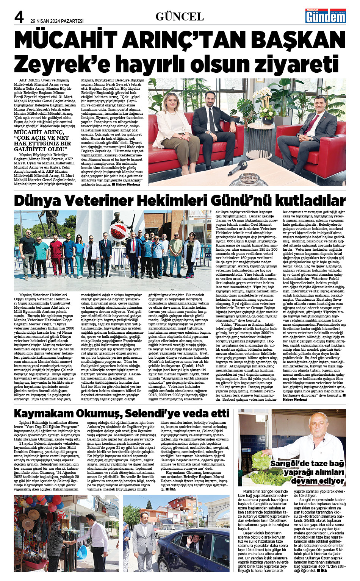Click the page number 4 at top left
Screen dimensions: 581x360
click(x=19, y=17)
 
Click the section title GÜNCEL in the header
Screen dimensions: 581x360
click(x=180, y=16)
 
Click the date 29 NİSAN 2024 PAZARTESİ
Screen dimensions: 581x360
click(x=57, y=21)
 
